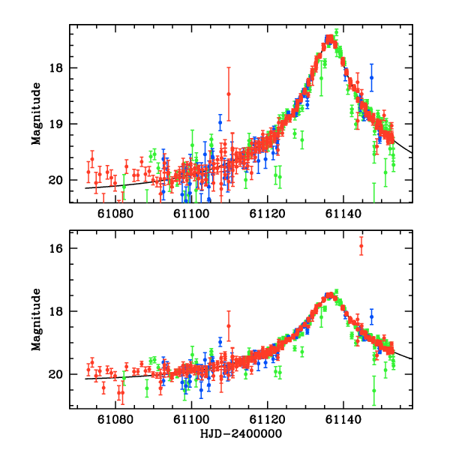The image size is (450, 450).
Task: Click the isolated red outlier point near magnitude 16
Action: coord(361,246)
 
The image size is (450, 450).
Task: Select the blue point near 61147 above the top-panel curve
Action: coord(371,77)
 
